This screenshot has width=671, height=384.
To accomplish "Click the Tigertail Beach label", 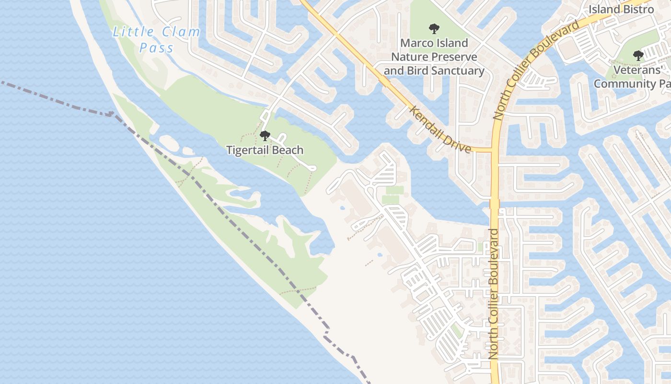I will pos(265,150).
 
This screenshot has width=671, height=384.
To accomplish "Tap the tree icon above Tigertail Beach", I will pos(265,136).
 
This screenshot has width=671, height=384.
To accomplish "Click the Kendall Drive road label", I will pos(440,130).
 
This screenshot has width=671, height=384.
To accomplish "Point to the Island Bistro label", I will pos(621,9).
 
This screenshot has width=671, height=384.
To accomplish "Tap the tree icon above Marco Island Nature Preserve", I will pos(434,29).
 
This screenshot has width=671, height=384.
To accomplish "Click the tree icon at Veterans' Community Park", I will pos(638,56).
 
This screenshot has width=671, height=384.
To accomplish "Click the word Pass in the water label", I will pos(156,48).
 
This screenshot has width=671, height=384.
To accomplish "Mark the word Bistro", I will pos(637,9).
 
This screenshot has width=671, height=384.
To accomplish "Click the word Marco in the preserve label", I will pos(416,43).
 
